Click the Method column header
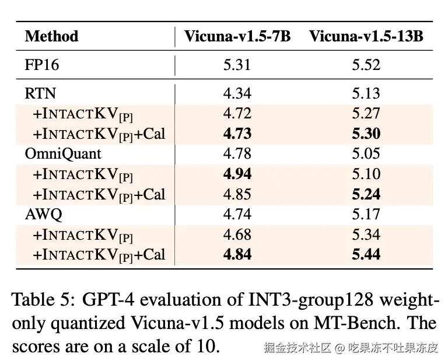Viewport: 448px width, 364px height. pyautogui.click(x=51, y=36)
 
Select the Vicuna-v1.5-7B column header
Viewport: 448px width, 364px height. pyautogui.click(x=237, y=36)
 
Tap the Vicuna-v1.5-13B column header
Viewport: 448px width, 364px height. pyautogui.click(x=366, y=36)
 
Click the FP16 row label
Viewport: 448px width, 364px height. pyautogui.click(x=42, y=65)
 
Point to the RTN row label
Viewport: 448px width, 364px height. pyautogui.click(x=40, y=93)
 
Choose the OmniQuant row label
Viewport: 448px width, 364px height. pyautogui.click(x=63, y=154)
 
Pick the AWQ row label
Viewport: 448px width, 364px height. pyautogui.click(x=43, y=214)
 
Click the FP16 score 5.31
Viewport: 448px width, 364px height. pyautogui.click(x=237, y=65)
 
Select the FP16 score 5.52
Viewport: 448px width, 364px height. pyautogui.click(x=366, y=65)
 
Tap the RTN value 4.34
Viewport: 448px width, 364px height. pyautogui.click(x=237, y=93)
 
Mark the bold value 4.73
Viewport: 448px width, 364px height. pyautogui.click(x=237, y=134)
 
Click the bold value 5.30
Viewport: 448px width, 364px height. pyautogui.click(x=366, y=134)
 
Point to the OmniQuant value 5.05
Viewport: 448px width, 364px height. pyautogui.click(x=366, y=154)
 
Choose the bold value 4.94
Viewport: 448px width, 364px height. pyautogui.click(x=237, y=174)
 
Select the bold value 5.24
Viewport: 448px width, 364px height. pyautogui.click(x=366, y=194)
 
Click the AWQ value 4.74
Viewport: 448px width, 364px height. pyautogui.click(x=237, y=214)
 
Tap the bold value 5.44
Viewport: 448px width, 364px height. pyautogui.click(x=366, y=254)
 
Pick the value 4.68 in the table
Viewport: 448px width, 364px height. pyautogui.click(x=237, y=235)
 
